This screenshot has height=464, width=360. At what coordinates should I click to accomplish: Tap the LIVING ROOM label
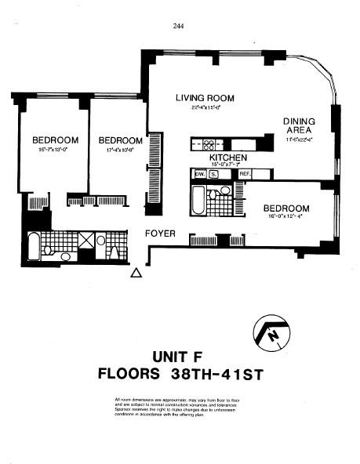pos(205,98)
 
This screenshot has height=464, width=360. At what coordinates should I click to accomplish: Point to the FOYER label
pos(159,234)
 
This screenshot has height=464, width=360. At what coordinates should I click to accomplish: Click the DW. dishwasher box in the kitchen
pos(199,174)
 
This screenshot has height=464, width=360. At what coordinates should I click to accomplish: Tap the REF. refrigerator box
pos(244,174)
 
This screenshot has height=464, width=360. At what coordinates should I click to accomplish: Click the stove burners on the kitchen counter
pos(209,144)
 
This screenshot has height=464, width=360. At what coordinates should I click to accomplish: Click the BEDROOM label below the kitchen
pos(285,208)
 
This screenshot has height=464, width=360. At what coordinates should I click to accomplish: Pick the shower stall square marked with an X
pos(85,241)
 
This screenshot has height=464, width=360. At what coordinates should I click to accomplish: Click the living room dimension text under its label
pos(205,108)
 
